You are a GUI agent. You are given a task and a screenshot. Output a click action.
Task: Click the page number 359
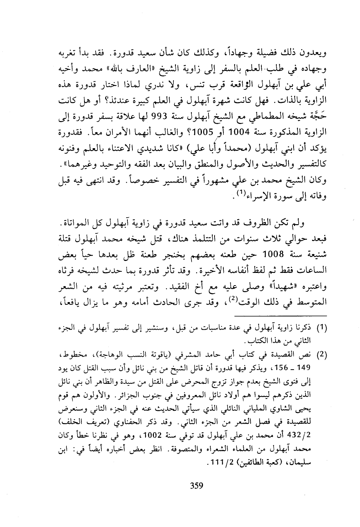pyautogui.click(x=197, y=486)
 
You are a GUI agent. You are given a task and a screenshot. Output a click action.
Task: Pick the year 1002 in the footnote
pyautogui.click(x=161, y=436)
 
